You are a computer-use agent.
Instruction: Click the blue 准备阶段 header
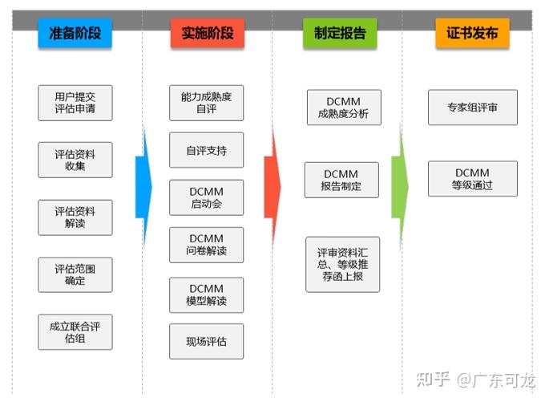[x=75, y=34]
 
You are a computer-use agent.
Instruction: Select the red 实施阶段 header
[x=207, y=34]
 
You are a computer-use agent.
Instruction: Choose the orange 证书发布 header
[x=471, y=34]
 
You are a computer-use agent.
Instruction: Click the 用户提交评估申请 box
[x=75, y=102]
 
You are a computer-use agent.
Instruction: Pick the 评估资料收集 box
[x=75, y=160]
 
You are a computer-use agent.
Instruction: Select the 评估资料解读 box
[x=75, y=217]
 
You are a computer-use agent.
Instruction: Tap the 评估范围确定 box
[x=75, y=274]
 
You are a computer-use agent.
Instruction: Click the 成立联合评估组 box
[x=75, y=332]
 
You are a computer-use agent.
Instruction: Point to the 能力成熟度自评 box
[x=206, y=103]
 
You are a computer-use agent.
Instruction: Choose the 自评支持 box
[x=206, y=150]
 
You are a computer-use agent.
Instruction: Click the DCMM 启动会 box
[x=206, y=197]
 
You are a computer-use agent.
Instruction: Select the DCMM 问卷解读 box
[x=206, y=245]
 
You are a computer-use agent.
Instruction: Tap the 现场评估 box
[x=206, y=341]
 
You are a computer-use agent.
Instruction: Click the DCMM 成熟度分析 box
[x=343, y=108]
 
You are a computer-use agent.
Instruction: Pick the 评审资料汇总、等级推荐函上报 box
[x=342, y=264]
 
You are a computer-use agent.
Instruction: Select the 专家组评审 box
[x=472, y=108]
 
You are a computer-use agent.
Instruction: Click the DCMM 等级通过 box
[x=472, y=179]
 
